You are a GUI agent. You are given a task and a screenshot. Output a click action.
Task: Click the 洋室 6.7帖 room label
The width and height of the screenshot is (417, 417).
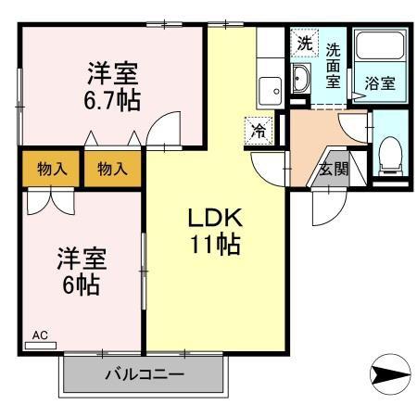coord(115,85)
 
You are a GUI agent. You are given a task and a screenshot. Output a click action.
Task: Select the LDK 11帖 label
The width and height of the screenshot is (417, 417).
coord(215,232)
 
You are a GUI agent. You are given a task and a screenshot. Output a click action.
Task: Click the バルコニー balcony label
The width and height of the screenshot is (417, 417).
coord(144,375)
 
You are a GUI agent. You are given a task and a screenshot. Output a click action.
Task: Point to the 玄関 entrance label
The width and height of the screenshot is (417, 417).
coord(334,169)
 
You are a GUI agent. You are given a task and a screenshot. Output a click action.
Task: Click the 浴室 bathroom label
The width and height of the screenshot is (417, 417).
coord(380,82)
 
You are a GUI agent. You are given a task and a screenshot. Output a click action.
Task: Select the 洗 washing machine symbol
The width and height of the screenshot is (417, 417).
coord(304,43)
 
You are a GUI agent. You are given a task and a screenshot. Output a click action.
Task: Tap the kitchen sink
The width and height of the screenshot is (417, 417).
coord(271,91)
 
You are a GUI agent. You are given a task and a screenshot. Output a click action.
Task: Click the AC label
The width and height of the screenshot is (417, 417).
coord(41,334)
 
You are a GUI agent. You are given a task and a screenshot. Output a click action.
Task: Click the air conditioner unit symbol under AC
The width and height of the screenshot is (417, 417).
coord(41,345)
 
